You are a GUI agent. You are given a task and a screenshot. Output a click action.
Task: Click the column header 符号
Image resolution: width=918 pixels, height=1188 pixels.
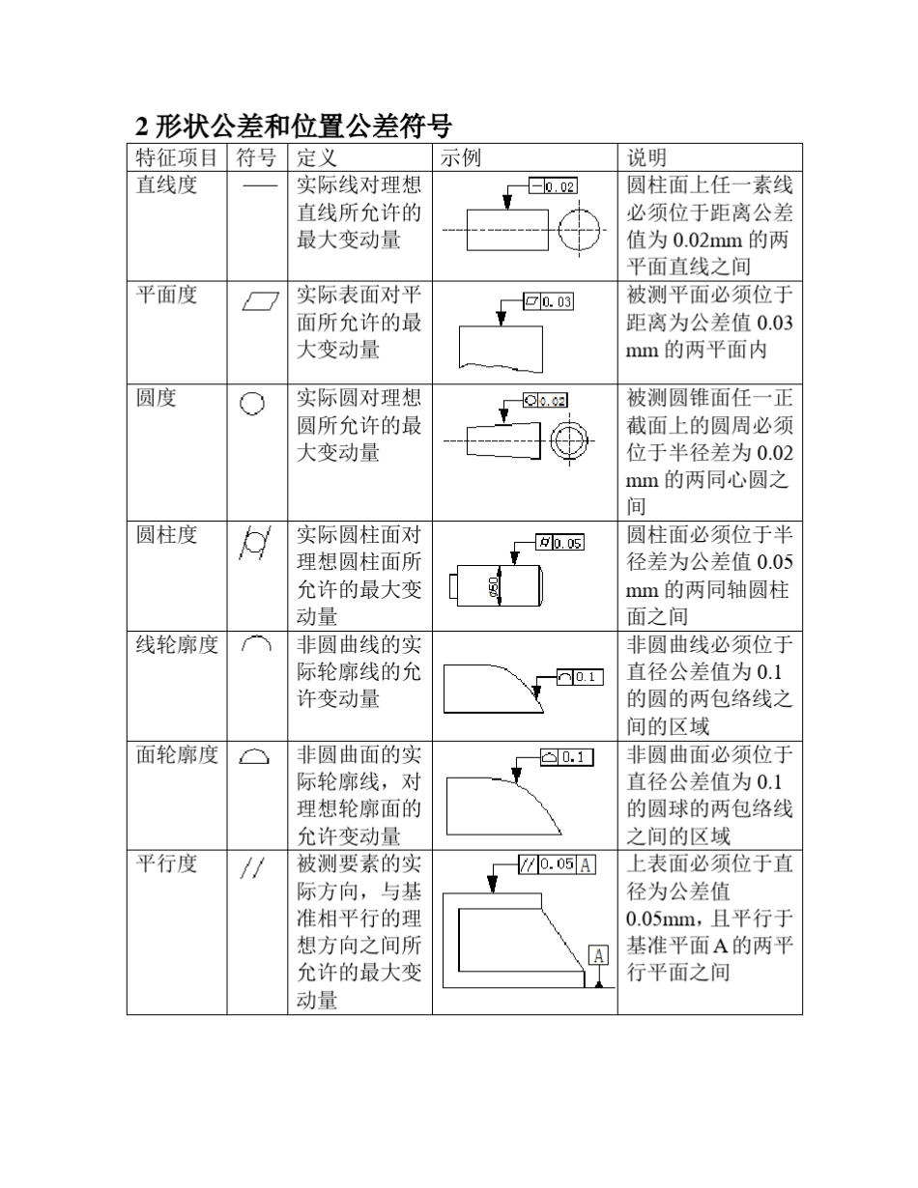coord(256,157)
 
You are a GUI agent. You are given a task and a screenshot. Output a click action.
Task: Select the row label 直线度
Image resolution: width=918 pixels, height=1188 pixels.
coord(166,185)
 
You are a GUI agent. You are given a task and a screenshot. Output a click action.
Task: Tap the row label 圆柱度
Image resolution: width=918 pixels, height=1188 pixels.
coord(166,535)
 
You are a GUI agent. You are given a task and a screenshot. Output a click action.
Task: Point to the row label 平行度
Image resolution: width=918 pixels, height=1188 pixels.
coord(166,863)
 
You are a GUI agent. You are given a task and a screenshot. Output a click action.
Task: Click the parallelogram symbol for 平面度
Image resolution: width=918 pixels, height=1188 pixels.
coord(260,303)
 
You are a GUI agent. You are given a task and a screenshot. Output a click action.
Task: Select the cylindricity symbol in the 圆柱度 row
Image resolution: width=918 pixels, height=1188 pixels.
coord(254,544)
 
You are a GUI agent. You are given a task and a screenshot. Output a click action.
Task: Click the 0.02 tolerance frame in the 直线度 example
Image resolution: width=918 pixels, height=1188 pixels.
coord(554,186)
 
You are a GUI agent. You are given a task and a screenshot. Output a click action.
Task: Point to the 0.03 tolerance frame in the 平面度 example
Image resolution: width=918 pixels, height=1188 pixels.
coord(548,302)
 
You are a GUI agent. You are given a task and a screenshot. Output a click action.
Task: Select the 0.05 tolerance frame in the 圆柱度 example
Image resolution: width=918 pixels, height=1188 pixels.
coord(559,543)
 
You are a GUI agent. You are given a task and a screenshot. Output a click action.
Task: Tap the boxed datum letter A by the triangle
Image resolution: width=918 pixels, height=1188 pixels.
coord(599,955)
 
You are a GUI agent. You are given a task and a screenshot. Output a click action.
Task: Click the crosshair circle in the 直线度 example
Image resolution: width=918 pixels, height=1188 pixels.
coord(577,231)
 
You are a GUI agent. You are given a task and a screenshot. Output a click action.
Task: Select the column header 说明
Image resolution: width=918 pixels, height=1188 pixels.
coord(647,157)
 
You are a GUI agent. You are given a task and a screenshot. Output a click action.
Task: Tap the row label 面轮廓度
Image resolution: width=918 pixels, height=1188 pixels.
coord(177,755)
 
